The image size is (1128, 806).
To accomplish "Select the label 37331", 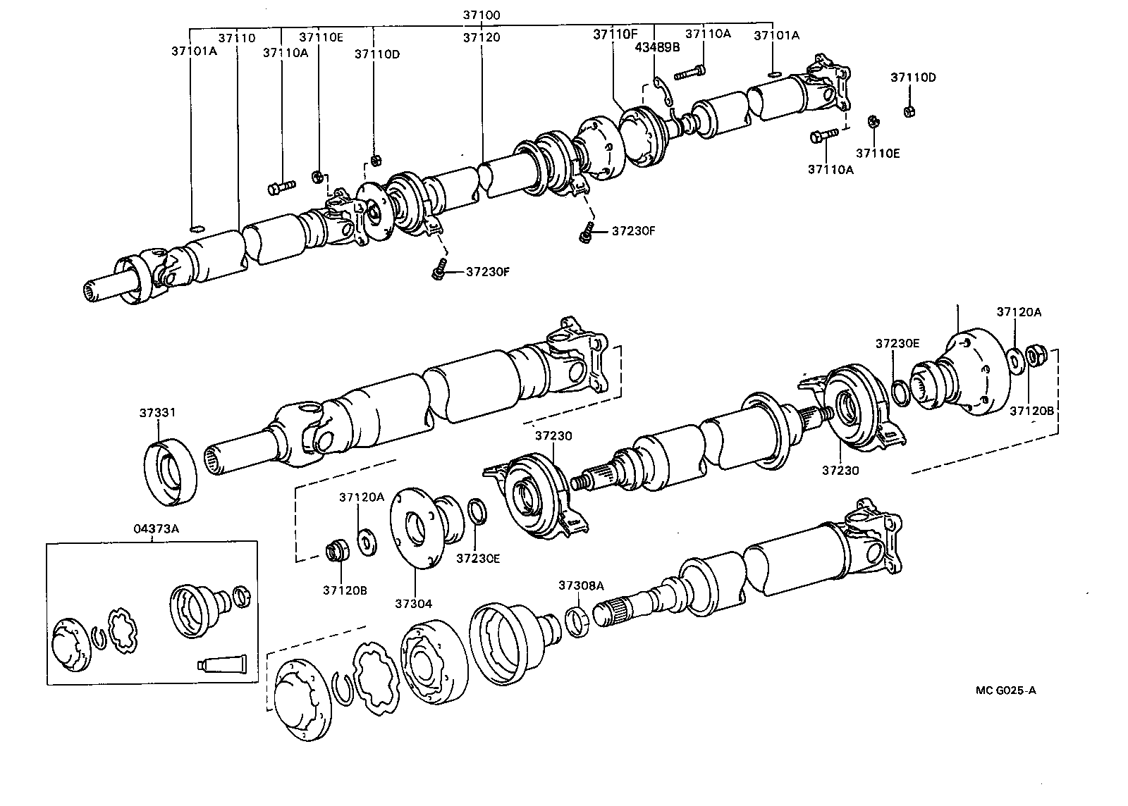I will pos(157,412).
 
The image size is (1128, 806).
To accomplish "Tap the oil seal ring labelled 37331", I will pos(171,471).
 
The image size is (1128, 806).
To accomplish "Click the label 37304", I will pos(413,603).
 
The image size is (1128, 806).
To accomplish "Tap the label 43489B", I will pos(657,47).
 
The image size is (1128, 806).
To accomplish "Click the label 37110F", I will pos(615,33).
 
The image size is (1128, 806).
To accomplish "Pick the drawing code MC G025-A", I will pos(1005,690).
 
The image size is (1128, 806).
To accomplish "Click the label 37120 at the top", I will pos(482,37).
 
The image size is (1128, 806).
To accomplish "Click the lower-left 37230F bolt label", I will pos(487,271).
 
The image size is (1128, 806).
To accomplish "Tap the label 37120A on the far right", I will pos(1019,311).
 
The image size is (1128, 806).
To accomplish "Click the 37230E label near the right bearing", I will pos(897,343).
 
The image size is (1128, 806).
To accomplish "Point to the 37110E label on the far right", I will pos(878,152).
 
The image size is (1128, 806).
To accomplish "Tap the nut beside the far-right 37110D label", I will pos(909,111).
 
